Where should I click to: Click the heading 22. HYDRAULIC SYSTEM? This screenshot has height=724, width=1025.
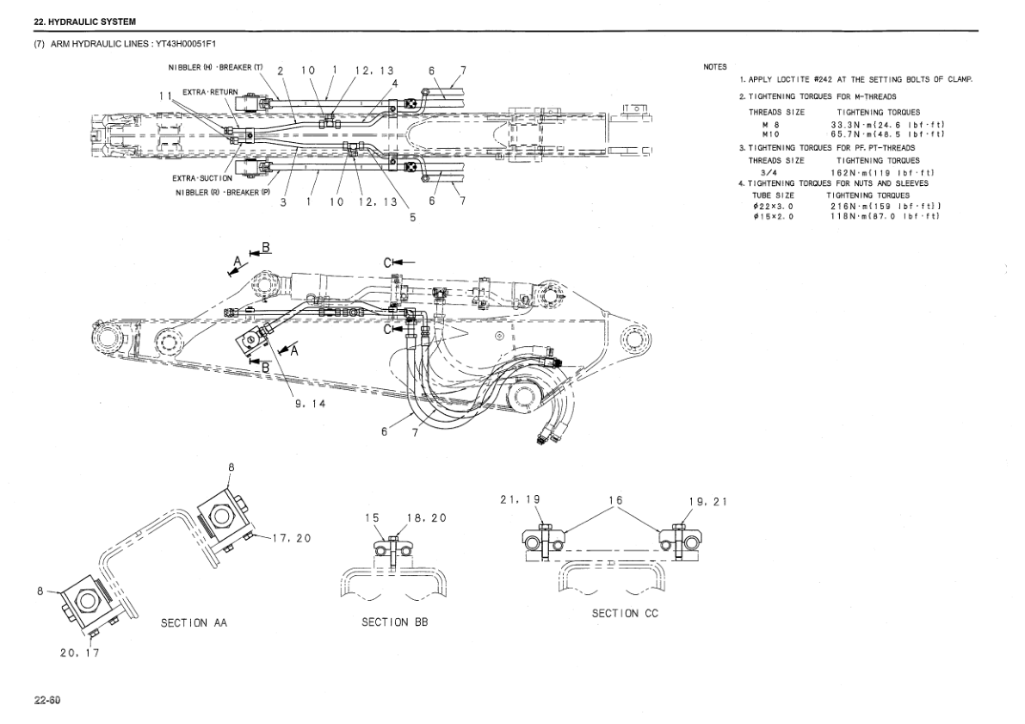point(84,20)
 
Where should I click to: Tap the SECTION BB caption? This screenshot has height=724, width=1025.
point(394,622)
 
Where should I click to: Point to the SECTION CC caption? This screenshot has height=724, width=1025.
point(625,613)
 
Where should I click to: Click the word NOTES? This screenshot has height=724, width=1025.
point(715,67)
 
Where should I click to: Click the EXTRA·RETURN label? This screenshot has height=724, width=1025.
point(210,91)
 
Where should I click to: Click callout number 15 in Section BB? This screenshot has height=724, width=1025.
point(371,518)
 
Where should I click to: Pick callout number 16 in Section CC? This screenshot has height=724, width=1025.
point(615,500)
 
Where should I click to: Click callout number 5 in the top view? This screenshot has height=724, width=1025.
point(412,218)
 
